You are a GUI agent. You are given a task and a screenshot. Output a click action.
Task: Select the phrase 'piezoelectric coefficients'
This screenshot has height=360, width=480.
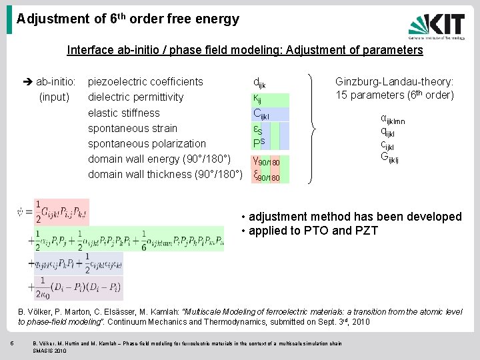click(x=145, y=82)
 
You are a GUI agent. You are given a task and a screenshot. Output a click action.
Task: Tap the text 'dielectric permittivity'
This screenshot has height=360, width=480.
click(x=136, y=97)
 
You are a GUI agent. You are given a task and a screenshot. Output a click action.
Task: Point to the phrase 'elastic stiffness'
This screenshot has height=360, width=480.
click(x=124, y=113)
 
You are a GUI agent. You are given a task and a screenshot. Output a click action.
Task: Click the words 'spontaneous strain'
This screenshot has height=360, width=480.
click(x=133, y=128)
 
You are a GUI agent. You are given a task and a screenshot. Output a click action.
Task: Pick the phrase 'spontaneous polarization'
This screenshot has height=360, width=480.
click(x=147, y=143)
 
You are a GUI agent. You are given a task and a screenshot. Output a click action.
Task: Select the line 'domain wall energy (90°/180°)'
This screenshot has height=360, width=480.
click(x=159, y=159)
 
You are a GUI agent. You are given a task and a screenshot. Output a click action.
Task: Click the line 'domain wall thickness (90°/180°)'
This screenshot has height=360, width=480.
click(x=164, y=174)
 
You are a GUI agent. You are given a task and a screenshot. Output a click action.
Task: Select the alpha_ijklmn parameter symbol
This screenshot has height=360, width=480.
click(x=393, y=119)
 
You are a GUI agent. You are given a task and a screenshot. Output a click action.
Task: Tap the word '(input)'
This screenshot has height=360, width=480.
click(x=55, y=97)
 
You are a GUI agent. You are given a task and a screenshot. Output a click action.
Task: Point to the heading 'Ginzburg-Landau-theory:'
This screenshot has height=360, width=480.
click(x=395, y=82)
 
